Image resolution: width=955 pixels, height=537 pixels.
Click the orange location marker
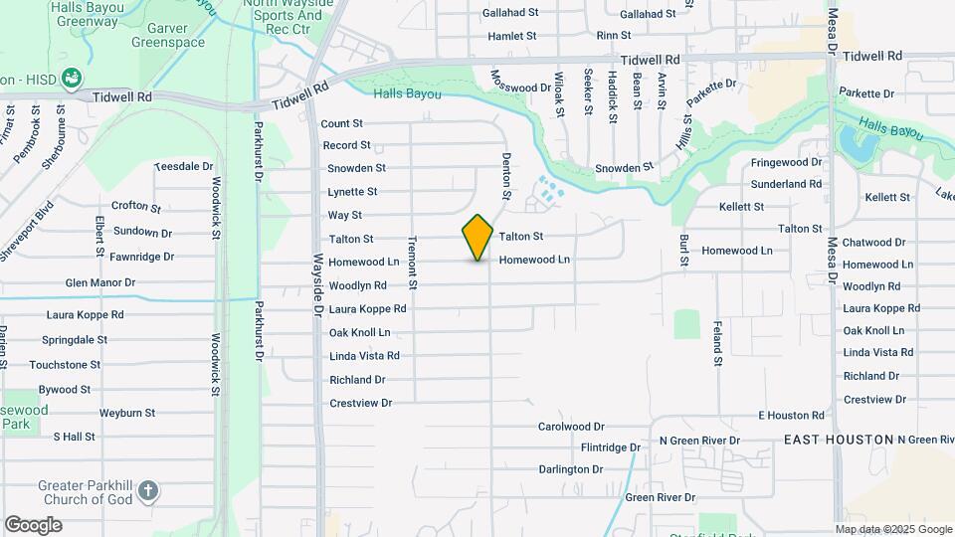[477, 237]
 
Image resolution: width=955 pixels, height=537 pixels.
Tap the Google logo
[33, 524]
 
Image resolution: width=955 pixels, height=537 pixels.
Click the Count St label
[342, 124]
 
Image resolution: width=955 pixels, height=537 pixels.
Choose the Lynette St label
[352, 192]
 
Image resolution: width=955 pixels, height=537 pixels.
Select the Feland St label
[716, 343]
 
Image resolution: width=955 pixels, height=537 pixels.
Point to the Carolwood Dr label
[571, 426]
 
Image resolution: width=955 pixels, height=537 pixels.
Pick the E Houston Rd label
[791, 415]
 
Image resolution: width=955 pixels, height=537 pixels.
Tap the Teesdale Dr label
[184, 167]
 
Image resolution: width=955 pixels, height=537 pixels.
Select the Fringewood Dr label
[786, 162]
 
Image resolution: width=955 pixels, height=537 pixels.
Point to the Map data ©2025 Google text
[893, 529]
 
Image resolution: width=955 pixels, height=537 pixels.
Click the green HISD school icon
[71, 77]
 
